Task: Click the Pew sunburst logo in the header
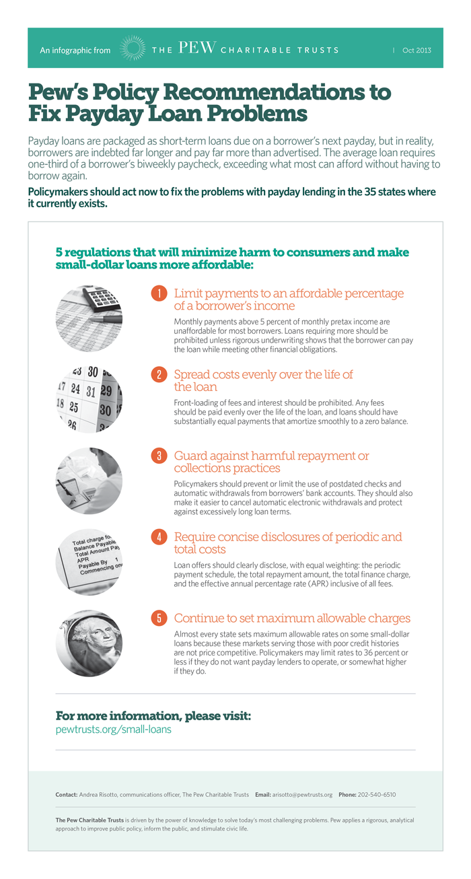132,49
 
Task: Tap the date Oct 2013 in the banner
416,50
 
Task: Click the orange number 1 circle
159,293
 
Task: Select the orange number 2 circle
159,375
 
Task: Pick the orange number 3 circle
159,456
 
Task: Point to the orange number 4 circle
159,537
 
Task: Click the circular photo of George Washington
89,643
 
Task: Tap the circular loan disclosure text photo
89,562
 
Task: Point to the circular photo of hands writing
89,481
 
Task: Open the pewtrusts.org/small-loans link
113,729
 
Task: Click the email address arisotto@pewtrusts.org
302,795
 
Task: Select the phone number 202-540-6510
377,795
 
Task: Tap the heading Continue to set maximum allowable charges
292,619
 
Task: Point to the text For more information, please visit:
153,715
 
